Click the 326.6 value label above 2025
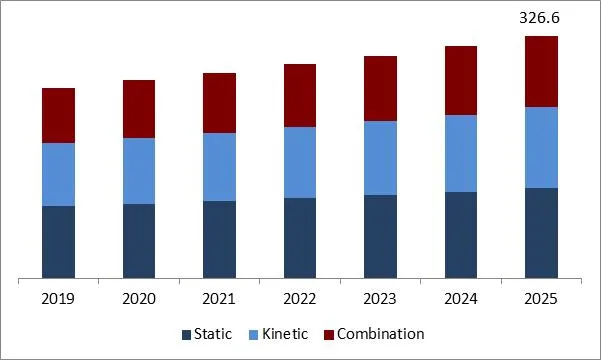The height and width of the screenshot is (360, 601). [x=541, y=18]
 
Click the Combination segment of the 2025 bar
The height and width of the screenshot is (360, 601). [x=541, y=71]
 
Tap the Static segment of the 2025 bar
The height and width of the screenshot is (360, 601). [x=541, y=232]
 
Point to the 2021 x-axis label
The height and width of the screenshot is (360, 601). [x=219, y=299]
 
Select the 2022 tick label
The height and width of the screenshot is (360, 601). [x=300, y=299]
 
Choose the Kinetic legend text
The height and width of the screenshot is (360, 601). [x=285, y=334]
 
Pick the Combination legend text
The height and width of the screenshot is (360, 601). [x=380, y=334]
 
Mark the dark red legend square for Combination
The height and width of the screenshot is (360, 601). [x=328, y=335]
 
